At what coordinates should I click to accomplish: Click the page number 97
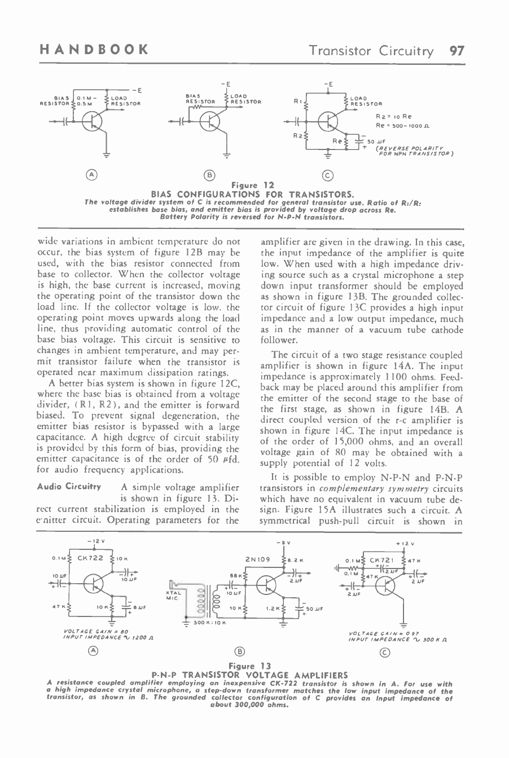click(455, 51)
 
